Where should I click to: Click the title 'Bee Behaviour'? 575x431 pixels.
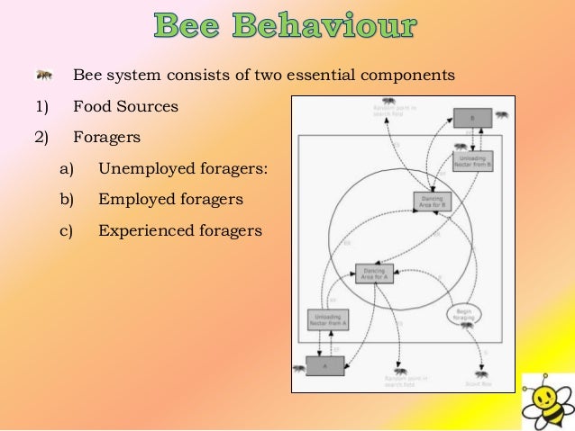(287, 27)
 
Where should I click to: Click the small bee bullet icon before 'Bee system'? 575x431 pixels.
(44, 75)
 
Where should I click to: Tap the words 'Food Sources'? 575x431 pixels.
(125, 107)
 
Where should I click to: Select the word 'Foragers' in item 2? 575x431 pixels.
(106, 139)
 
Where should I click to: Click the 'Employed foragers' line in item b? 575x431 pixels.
(170, 199)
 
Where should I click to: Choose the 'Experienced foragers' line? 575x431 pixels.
(180, 230)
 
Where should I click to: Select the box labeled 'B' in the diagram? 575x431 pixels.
(471, 118)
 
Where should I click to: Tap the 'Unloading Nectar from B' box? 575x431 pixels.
(472, 161)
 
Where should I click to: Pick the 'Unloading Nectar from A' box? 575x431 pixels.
(327, 319)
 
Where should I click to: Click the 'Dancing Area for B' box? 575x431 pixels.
(431, 202)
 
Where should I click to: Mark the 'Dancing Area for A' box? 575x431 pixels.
(373, 274)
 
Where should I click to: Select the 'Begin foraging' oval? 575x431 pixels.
(465, 312)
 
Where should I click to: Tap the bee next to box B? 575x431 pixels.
(501, 115)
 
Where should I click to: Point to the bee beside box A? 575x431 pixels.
(298, 367)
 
